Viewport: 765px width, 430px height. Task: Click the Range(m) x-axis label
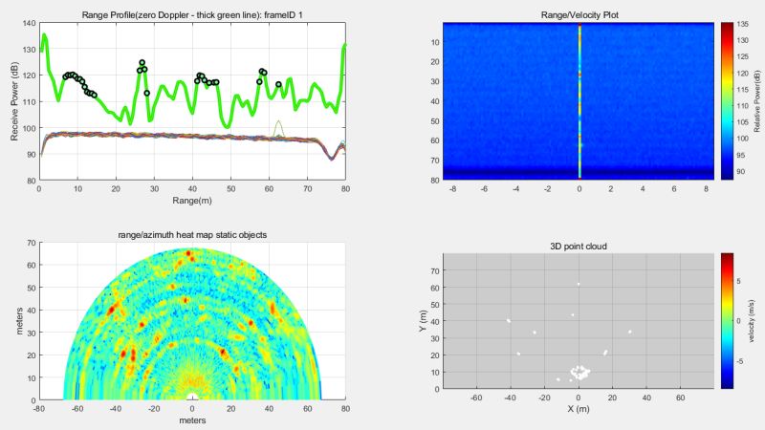192,202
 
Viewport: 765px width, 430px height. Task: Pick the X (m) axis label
579,408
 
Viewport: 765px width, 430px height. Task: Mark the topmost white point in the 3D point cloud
579,284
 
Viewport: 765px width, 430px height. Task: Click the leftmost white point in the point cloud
509,321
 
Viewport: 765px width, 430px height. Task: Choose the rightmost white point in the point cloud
630,332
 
